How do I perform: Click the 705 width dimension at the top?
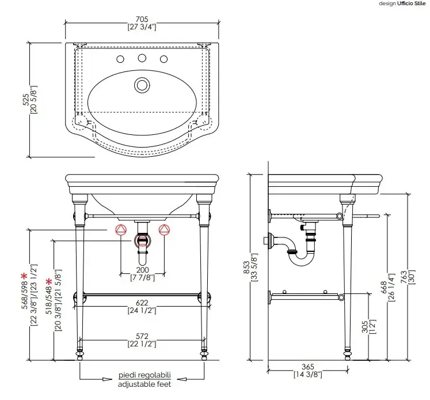pos(142,18)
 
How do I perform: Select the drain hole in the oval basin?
pos(141,85)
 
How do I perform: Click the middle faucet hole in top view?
pos(141,58)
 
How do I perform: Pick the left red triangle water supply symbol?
pos(121,231)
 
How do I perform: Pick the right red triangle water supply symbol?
pos(165,231)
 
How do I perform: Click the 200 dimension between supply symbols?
pos(143,270)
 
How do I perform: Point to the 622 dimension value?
pos(142,303)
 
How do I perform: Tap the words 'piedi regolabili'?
pos(144,375)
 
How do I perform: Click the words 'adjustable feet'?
pos(144,383)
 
